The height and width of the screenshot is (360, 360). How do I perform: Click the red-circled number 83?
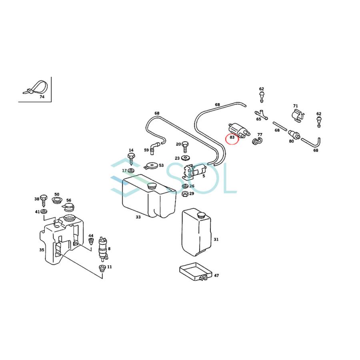[232, 138]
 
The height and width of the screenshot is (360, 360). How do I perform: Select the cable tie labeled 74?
[36, 88]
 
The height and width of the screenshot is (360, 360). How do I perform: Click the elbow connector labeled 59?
[154, 148]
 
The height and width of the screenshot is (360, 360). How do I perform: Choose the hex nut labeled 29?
[185, 194]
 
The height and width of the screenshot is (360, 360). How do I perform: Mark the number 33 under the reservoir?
[138, 217]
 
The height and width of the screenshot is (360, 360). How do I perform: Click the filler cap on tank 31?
[201, 215]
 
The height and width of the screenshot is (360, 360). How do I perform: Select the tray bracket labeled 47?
[195, 272]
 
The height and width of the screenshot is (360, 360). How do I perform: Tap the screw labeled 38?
[44, 201]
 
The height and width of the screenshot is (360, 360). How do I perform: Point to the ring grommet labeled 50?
[57, 200]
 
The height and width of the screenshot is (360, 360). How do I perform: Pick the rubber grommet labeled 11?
[102, 268]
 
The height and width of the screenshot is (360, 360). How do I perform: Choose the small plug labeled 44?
[91, 242]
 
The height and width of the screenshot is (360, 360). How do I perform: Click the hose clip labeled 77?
[257, 142]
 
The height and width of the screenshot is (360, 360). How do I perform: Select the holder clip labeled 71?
[298, 116]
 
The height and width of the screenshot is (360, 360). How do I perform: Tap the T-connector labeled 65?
[261, 115]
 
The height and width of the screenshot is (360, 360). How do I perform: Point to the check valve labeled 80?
[294, 134]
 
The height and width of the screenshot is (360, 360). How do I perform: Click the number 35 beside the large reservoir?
[42, 250]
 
